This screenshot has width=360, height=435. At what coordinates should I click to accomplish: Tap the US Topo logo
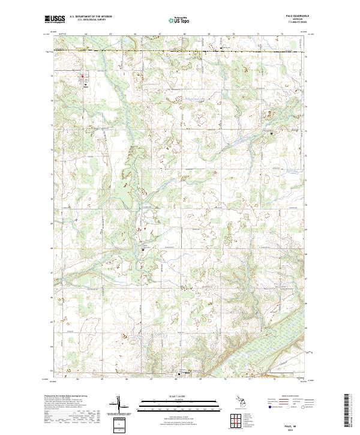click(x=179, y=20)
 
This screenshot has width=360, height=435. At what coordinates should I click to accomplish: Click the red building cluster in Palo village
click(x=83, y=76)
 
